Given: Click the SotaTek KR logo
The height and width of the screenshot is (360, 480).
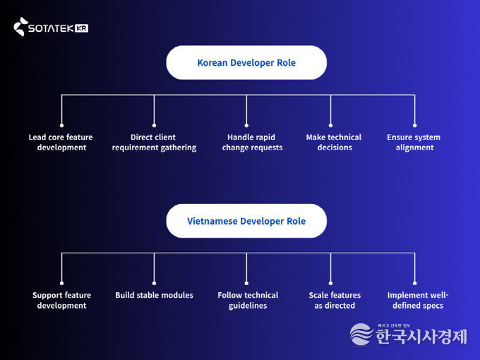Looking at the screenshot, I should click(x=50, y=28).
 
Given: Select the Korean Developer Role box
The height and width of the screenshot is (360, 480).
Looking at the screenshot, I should click(x=246, y=63).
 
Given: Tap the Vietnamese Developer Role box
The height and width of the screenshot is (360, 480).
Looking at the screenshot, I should click(x=246, y=221).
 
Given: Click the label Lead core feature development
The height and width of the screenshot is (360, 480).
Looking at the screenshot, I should click(x=61, y=143).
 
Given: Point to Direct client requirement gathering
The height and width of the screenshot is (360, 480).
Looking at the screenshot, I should click(x=154, y=143).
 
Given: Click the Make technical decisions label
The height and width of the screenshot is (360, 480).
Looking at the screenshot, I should click(x=334, y=143).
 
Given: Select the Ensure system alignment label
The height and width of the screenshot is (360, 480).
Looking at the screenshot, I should click(x=414, y=143).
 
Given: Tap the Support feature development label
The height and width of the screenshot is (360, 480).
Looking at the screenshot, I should click(x=61, y=301).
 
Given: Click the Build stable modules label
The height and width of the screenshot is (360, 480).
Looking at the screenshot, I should click(x=154, y=295).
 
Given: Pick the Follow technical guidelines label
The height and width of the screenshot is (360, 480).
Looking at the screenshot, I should click(x=248, y=301).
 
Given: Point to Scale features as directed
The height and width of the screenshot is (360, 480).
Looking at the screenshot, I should click(x=335, y=301).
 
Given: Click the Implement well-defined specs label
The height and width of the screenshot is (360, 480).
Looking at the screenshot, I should click(x=418, y=301).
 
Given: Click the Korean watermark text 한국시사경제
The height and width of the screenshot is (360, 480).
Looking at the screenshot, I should click(x=421, y=336).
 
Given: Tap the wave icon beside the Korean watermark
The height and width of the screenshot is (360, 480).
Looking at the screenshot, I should click(x=361, y=335).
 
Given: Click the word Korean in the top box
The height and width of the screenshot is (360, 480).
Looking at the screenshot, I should click(x=212, y=63).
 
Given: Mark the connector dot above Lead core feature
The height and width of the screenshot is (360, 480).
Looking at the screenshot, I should click(x=61, y=124).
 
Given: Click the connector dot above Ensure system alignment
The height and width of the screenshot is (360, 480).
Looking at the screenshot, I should click(x=414, y=124).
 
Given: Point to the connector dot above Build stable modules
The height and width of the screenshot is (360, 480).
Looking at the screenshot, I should click(x=154, y=282).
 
